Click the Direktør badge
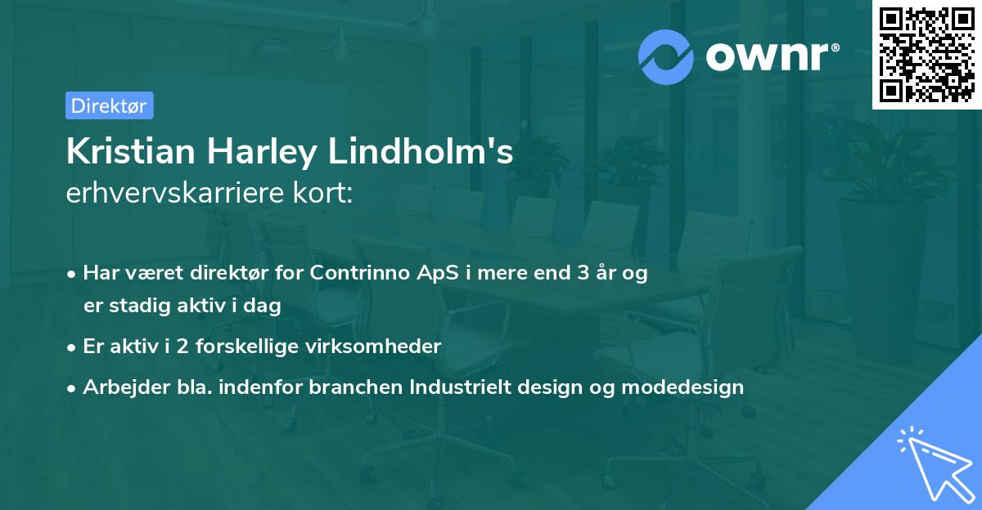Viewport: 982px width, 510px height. [109, 105]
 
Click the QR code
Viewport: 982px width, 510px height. [926, 54]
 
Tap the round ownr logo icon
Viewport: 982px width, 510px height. [666, 56]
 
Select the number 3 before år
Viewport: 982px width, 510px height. [583, 273]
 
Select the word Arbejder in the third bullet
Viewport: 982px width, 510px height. [118, 387]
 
